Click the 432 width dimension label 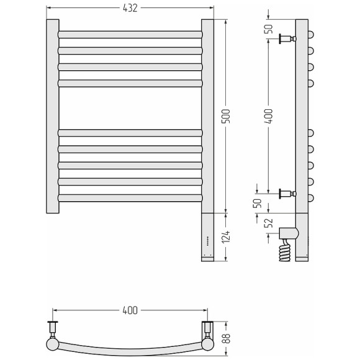(130, 8)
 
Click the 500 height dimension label (226, 116)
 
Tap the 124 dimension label (226, 236)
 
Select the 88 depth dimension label (226, 338)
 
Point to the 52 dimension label (268, 223)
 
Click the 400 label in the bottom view (130, 310)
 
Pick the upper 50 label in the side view (269, 29)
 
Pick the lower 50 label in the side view (258, 203)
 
